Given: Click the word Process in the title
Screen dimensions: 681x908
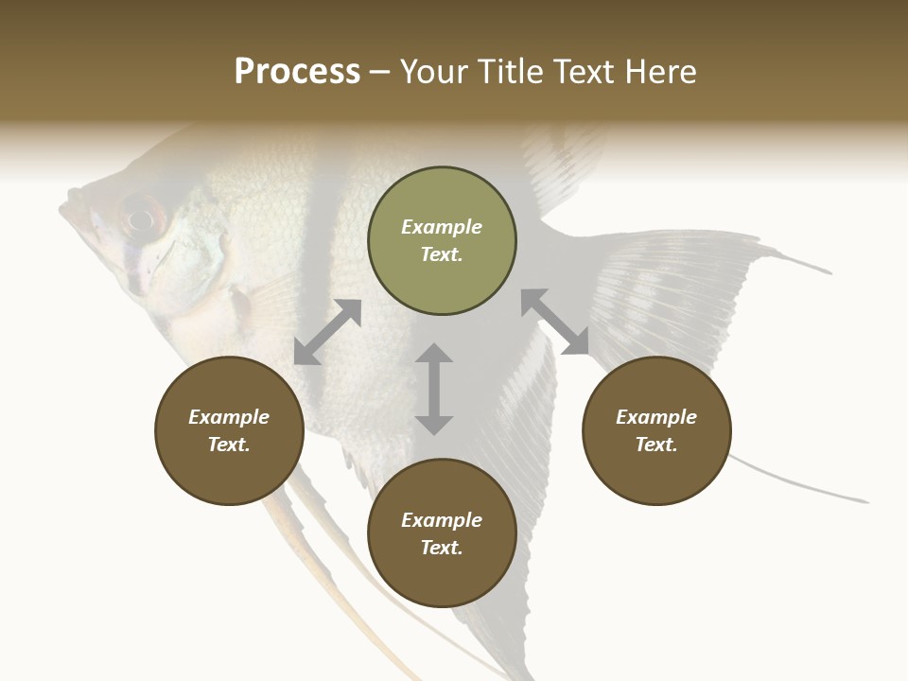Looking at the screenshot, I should click(297, 72).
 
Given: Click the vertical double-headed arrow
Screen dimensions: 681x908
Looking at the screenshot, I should click(434, 389).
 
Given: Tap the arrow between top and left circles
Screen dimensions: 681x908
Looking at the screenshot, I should click(327, 332).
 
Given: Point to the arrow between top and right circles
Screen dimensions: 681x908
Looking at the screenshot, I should click(554, 322).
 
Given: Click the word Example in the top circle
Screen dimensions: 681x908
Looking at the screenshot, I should click(442, 227).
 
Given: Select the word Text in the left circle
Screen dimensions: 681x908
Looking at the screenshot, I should click(229, 445).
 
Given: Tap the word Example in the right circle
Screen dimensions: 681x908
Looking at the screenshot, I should click(656, 417).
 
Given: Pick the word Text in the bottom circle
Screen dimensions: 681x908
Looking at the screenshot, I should click(442, 548).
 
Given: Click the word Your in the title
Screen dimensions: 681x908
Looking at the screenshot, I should click(433, 72).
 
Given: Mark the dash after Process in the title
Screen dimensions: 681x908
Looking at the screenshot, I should click(380, 73).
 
